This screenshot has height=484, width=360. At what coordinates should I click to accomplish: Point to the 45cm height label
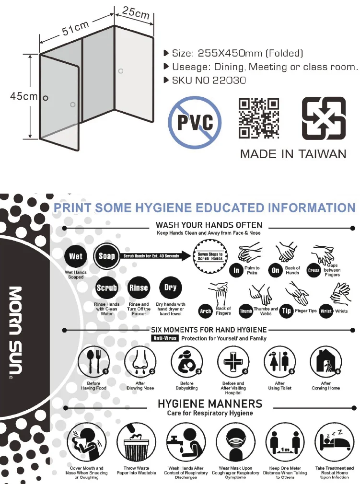click(x=23, y=96)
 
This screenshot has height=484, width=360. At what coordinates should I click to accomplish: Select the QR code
click(x=259, y=118)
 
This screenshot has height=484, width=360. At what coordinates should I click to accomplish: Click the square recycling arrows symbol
click(x=323, y=118)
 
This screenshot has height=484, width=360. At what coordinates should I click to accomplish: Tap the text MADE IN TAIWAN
click(x=293, y=154)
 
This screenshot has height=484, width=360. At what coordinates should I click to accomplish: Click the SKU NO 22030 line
click(x=208, y=80)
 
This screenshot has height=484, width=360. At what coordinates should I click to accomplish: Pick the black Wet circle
click(x=76, y=256)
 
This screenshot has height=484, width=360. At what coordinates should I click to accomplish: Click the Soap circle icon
click(x=107, y=256)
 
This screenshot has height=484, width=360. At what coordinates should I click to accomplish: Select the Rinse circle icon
click(x=139, y=288)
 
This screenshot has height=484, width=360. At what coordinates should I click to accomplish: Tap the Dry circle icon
click(x=170, y=288)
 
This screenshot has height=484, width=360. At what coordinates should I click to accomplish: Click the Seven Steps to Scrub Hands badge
click(x=210, y=256)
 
